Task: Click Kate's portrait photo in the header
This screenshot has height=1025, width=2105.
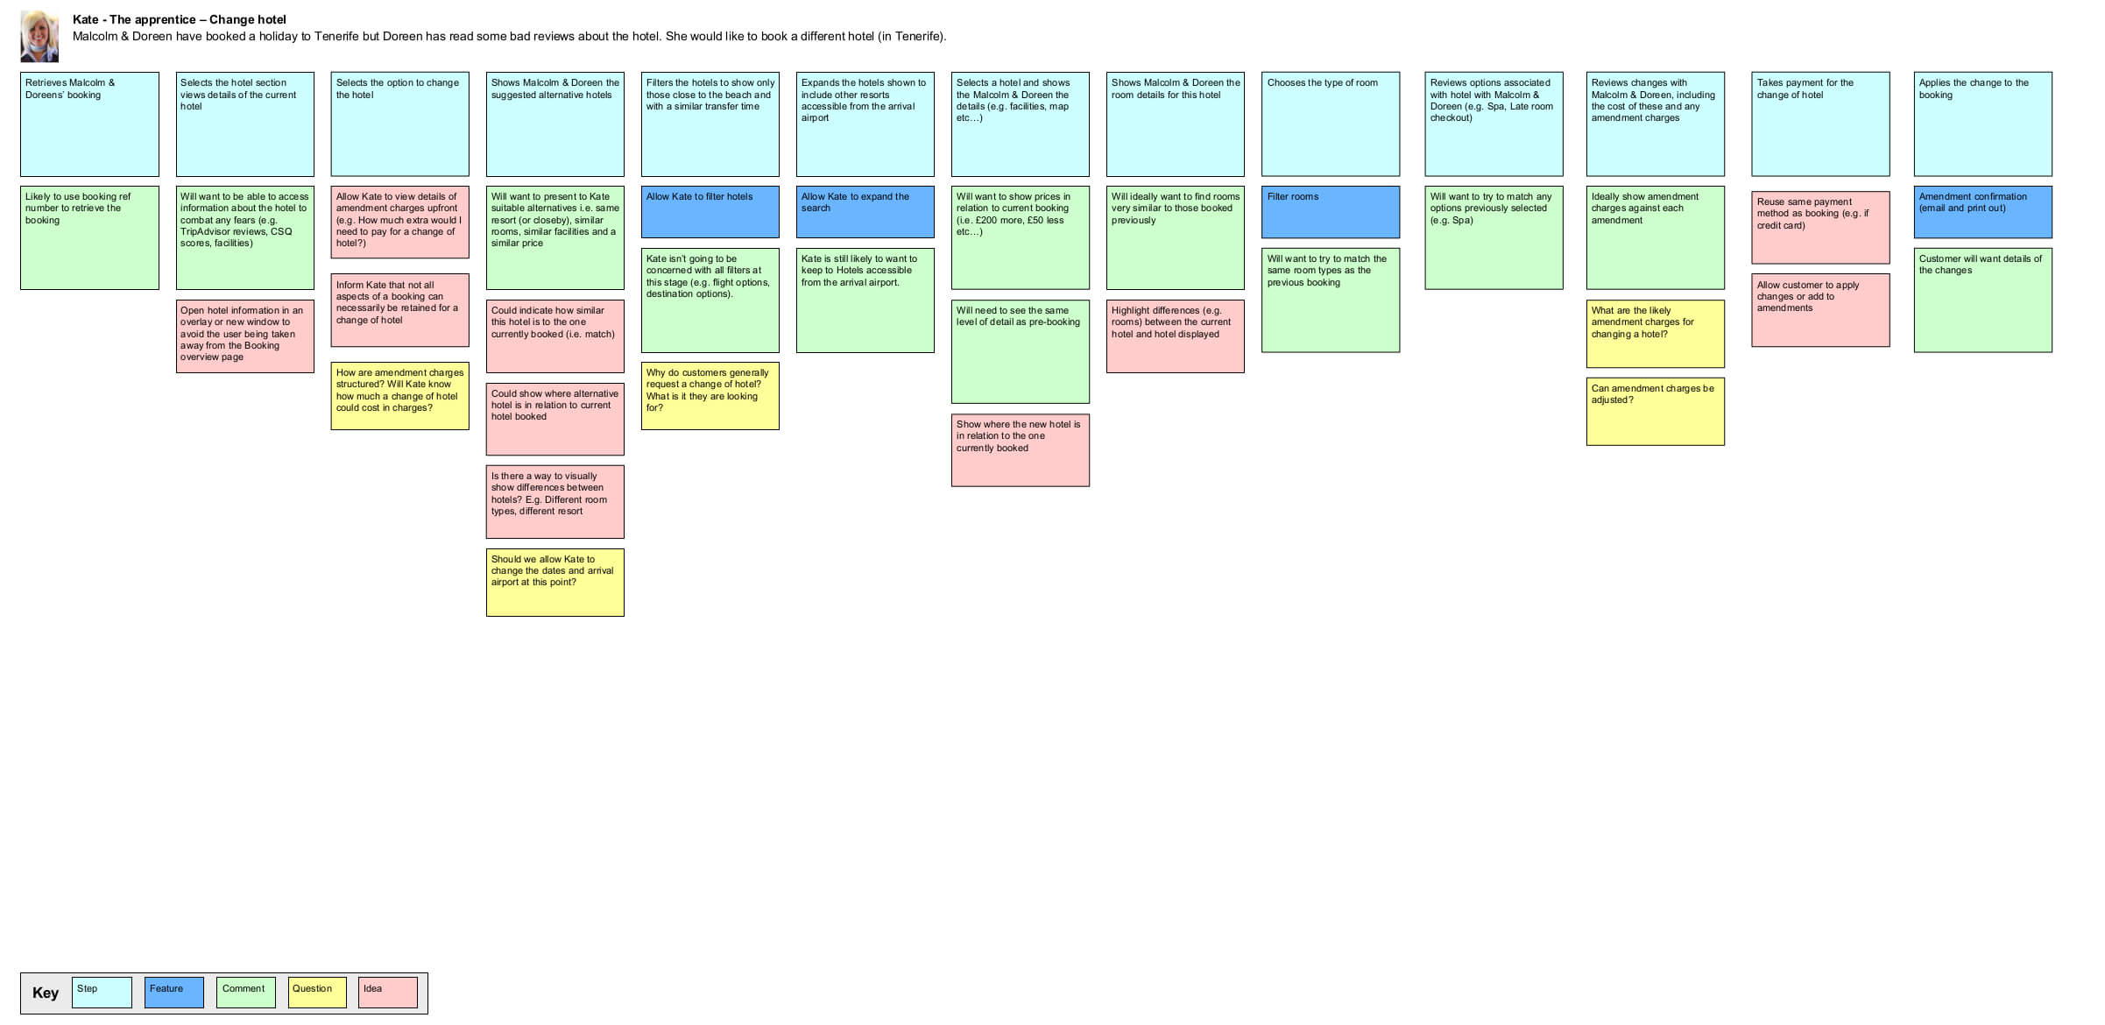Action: pyautogui.click(x=39, y=36)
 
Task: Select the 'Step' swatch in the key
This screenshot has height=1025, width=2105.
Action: pyautogui.click(x=102, y=993)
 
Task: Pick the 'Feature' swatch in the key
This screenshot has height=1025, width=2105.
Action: pyautogui.click(x=173, y=993)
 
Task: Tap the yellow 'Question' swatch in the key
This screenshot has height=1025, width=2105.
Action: pyautogui.click(x=317, y=993)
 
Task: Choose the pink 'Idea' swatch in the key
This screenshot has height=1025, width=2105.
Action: pyautogui.click(x=387, y=993)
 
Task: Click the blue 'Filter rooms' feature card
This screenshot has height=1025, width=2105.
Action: pyautogui.click(x=1330, y=211)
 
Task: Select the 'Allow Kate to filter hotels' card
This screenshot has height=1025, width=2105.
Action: pyautogui.click(x=710, y=211)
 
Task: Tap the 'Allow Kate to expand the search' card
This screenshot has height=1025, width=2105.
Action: pyautogui.click(x=865, y=211)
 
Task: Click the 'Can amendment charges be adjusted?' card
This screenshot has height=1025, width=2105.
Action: pyautogui.click(x=1655, y=411)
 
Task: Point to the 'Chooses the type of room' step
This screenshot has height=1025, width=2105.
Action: pyautogui.click(x=1330, y=124)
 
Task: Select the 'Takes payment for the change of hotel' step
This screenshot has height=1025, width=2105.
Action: pyautogui.click(x=1820, y=124)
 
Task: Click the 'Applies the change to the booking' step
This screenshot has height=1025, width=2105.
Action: pyautogui.click(x=1982, y=124)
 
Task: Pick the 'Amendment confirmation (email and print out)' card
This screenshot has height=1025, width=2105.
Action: pyautogui.click(x=1982, y=211)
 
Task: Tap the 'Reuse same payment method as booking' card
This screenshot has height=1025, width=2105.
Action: pyautogui.click(x=1820, y=227)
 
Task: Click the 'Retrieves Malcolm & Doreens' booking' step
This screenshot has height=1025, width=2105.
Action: pyautogui.click(x=89, y=124)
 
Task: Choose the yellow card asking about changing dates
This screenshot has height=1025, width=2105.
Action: pyautogui.click(x=555, y=583)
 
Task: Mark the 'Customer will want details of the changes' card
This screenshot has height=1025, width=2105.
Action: pyautogui.click(x=1982, y=300)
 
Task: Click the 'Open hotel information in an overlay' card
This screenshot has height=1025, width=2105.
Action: pyautogui.click(x=244, y=336)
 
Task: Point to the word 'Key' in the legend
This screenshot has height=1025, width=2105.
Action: pyautogui.click(x=46, y=993)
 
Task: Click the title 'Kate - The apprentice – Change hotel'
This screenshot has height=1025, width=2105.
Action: pyautogui.click(x=180, y=19)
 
